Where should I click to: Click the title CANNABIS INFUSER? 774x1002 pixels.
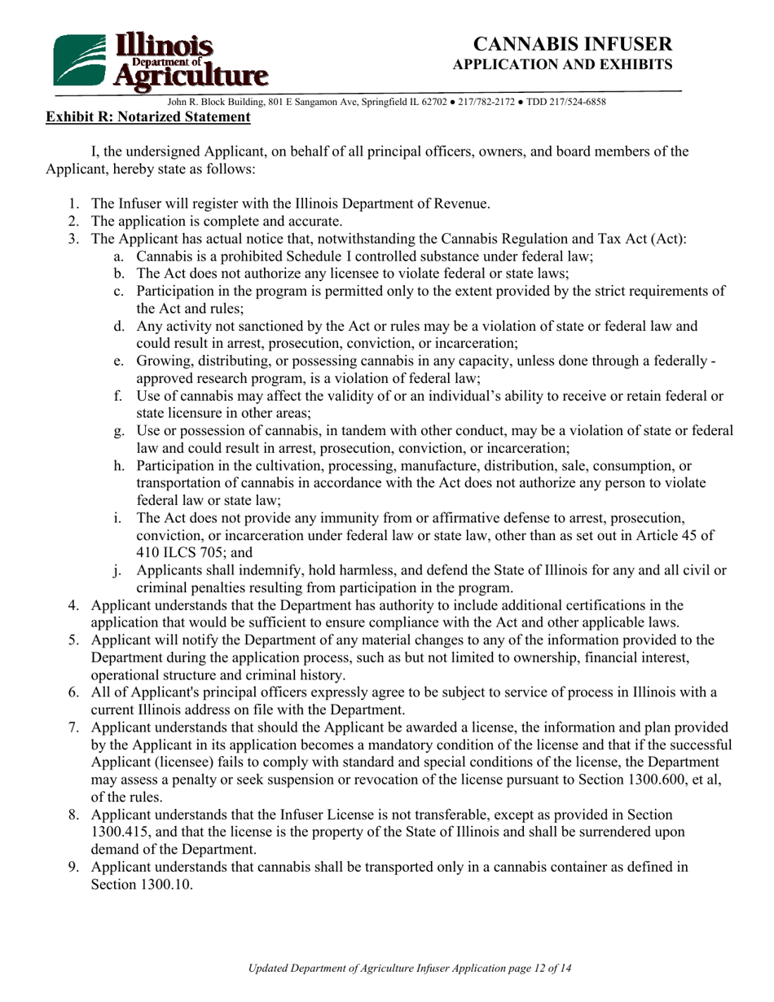click(x=574, y=44)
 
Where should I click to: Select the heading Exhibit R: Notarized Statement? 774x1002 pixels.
click(x=147, y=117)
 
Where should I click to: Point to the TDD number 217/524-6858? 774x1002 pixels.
click(x=577, y=102)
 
